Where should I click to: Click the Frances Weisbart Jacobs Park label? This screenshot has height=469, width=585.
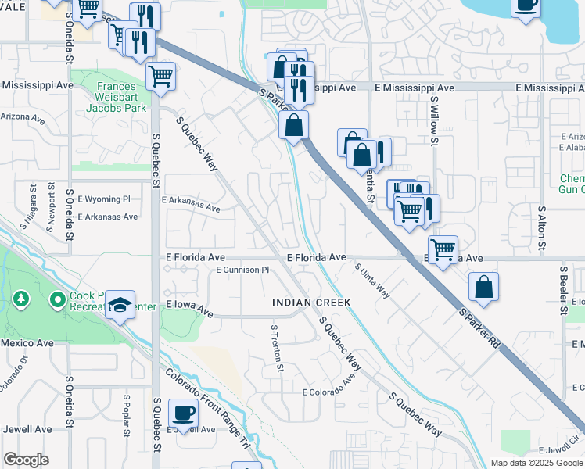tap(111, 97)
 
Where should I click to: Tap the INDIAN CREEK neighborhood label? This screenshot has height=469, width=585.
tap(310, 303)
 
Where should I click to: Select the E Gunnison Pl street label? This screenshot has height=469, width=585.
tap(242, 270)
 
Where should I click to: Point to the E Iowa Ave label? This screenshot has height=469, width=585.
tap(188, 310)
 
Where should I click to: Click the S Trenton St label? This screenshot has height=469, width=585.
tap(275, 349)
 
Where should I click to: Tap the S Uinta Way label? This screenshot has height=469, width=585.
tap(372, 280)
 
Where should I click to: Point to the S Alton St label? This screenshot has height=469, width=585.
tap(540, 227)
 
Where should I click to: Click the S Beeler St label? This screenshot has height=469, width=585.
tap(563, 289)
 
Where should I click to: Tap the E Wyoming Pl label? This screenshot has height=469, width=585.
tap(103, 199)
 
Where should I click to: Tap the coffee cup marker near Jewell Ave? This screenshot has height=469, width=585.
tap(184, 413)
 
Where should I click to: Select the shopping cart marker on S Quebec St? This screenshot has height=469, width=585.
tap(160, 76)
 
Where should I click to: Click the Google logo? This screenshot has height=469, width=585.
tap(26, 460)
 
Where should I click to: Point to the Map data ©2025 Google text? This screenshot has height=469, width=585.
tap(536, 463)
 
